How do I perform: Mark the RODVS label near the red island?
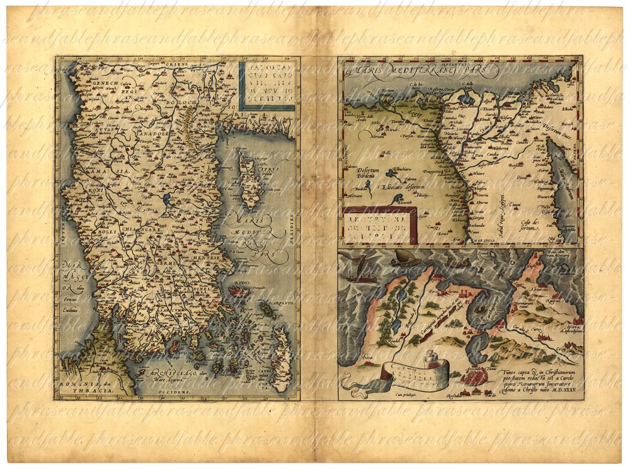(242, 284)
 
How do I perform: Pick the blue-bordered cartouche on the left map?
(268, 85)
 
